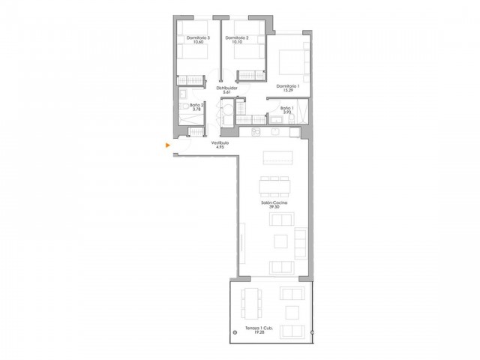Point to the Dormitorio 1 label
point(287,86)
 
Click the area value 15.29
point(287,91)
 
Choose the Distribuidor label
point(226,88)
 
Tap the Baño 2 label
point(197,105)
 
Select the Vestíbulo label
point(220,143)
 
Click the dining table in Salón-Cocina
point(274,186)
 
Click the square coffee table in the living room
point(280,241)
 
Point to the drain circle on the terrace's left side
point(234,331)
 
